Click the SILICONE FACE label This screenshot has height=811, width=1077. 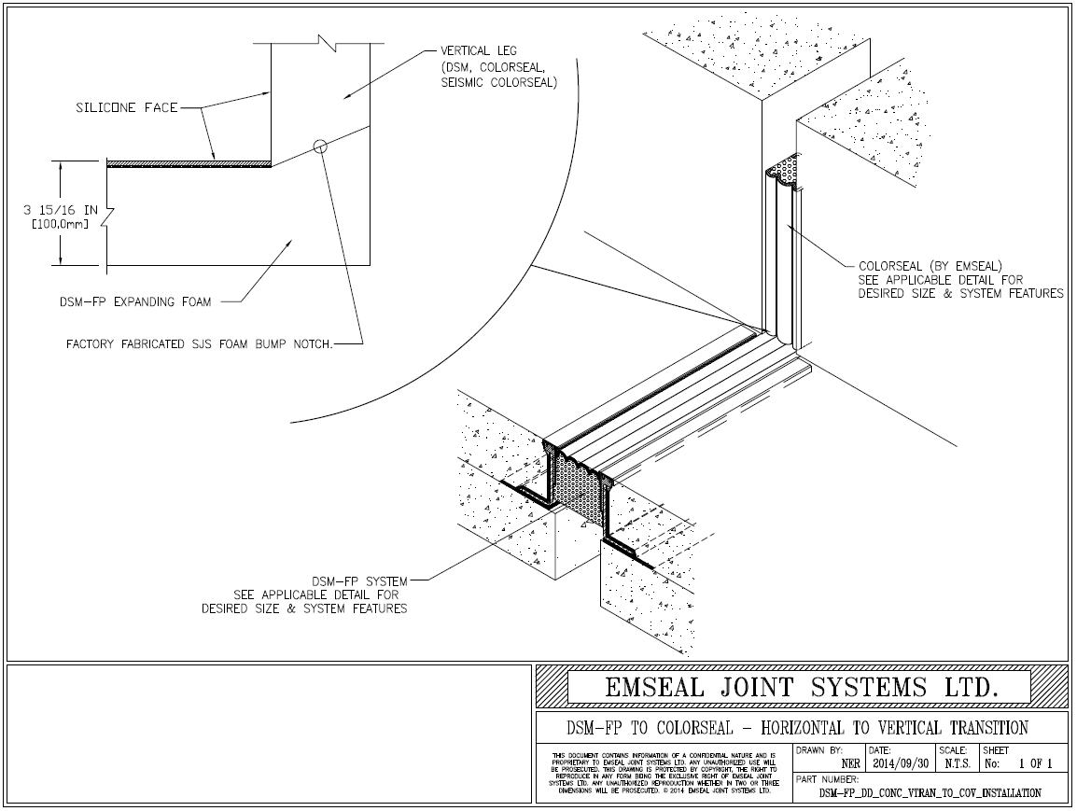point(126,108)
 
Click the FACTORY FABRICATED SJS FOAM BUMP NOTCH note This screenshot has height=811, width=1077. point(199,343)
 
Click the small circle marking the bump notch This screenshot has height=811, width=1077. point(320,146)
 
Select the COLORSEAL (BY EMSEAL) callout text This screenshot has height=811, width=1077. point(930,265)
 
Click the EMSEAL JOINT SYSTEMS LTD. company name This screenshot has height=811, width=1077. point(801,688)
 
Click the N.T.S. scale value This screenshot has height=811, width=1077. point(953,762)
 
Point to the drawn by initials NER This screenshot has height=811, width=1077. point(850,762)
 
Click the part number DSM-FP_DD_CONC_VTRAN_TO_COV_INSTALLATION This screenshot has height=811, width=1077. point(930,792)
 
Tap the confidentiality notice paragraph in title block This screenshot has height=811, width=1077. point(664,772)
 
